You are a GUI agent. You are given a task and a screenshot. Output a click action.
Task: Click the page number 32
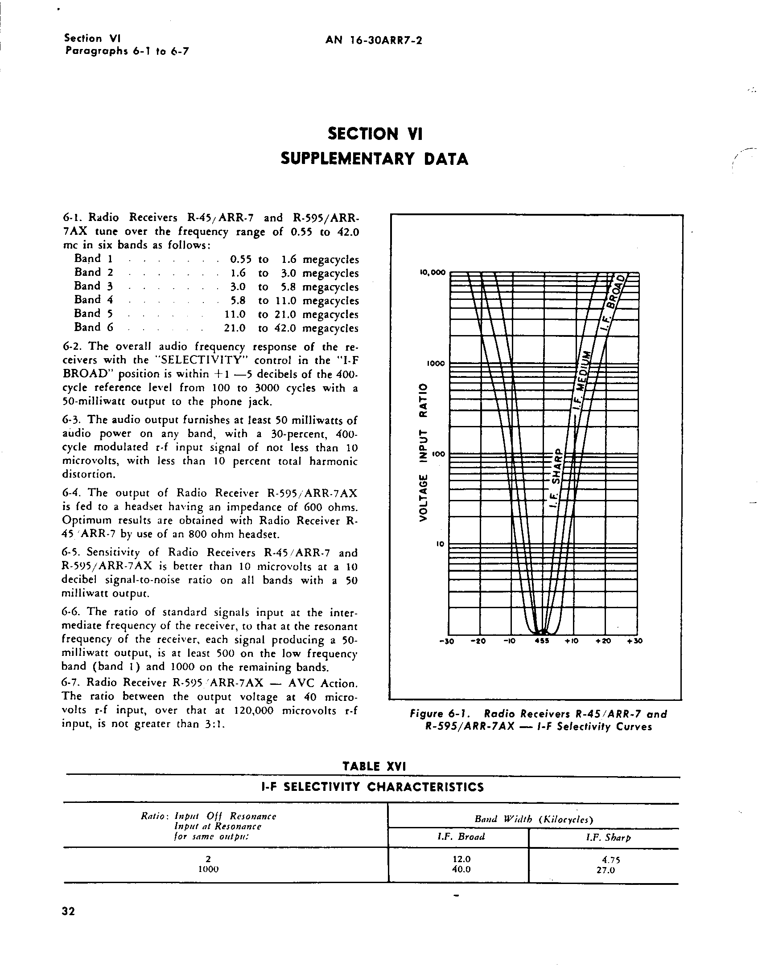click(69, 911)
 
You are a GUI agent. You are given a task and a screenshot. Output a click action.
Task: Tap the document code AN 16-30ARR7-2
click(374, 41)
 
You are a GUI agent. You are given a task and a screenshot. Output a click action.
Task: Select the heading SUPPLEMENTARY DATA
click(374, 159)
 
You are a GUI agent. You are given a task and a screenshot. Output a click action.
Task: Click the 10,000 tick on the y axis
click(433, 272)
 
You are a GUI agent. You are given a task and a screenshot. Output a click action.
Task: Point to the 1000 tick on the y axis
click(436, 363)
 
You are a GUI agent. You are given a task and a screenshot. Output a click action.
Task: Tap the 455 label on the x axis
click(543, 641)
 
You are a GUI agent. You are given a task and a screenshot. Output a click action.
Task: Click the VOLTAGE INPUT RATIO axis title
click(422, 452)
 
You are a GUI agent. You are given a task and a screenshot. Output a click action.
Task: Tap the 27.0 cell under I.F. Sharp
click(605, 871)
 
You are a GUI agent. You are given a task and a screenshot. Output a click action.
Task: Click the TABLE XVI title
click(374, 766)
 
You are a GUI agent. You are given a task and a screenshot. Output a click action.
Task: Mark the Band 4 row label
click(94, 300)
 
